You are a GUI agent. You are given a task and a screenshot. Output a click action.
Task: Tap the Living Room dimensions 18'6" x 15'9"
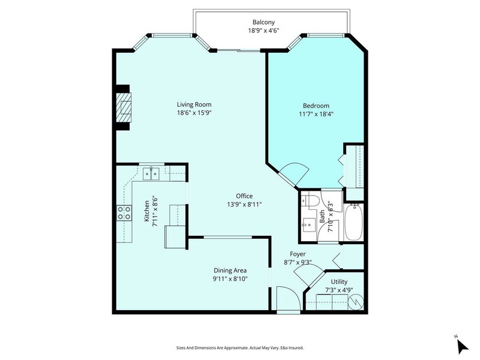194,112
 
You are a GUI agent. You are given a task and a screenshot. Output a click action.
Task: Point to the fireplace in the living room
123,107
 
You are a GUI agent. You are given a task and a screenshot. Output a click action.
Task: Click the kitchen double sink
151,173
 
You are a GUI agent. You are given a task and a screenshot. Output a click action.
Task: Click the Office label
244,196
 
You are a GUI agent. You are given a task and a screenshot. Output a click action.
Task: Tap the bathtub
354,222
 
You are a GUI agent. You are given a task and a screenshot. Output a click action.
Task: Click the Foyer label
298,254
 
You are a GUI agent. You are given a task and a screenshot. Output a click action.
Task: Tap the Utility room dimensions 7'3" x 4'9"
335,290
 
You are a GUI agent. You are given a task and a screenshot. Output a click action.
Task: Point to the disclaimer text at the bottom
239,346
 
